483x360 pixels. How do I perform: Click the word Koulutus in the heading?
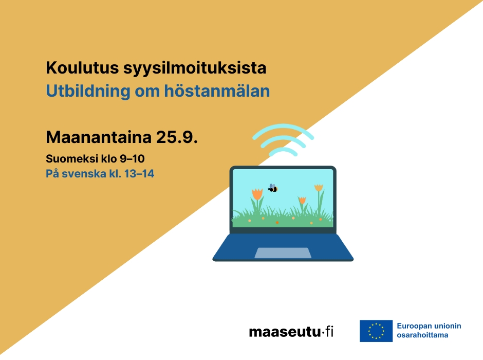click(x=82, y=67)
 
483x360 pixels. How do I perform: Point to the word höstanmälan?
click(x=217, y=91)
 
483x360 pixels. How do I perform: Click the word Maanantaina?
click(x=99, y=137)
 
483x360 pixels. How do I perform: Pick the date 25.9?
click(x=177, y=137)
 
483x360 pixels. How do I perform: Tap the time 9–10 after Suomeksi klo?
click(x=132, y=159)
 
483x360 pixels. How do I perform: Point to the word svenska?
click(x=84, y=174)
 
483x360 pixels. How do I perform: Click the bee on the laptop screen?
click(x=273, y=188)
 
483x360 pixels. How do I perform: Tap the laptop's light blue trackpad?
click(x=283, y=253)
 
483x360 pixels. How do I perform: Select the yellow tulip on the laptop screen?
click(x=319, y=188)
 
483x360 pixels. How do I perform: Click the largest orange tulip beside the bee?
click(x=257, y=194)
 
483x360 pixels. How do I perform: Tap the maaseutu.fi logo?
click(x=291, y=332)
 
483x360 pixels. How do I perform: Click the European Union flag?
click(x=376, y=331)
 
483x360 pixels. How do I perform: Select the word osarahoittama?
click(x=422, y=335)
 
